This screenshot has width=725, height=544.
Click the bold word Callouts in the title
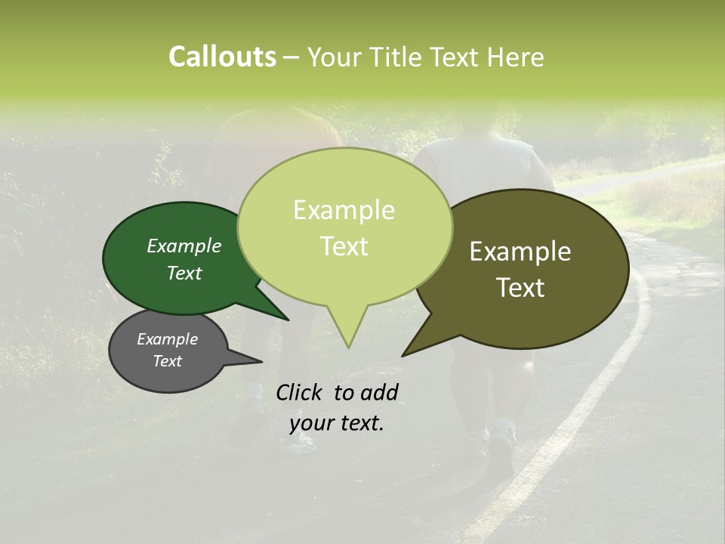[222, 57]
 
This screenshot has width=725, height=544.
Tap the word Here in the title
[517, 57]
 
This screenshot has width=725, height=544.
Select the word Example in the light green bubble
[344, 210]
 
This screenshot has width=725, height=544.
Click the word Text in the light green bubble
[344, 246]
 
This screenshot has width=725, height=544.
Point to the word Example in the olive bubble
[520, 252]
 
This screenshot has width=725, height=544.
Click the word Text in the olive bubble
[520, 287]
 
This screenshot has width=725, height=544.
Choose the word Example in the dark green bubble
[184, 246]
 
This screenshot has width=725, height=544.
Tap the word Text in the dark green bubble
[184, 273]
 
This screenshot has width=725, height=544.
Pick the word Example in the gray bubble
[167, 339]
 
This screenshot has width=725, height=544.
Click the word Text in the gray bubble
[167, 361]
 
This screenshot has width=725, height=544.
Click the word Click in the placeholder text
[301, 392]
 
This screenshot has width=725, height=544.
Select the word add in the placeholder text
[379, 392]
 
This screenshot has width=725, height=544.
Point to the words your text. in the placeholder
[337, 423]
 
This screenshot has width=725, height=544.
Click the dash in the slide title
[292, 57]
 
